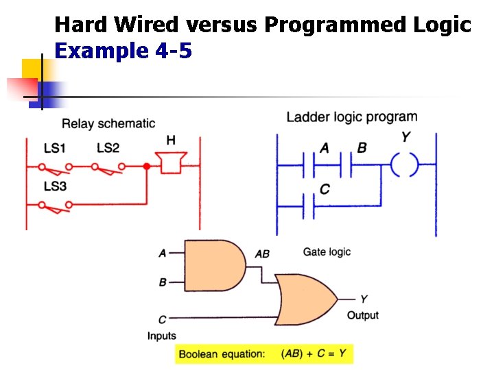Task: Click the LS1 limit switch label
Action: pos(55,148)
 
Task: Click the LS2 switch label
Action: pos(108,148)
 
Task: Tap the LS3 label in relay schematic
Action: pos(55,186)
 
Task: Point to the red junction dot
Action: pos(146,166)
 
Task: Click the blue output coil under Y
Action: pos(405,165)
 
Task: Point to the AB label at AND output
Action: pos(262,254)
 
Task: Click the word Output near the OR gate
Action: pos(363,316)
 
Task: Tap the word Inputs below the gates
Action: pos(162,336)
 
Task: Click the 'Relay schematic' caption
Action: pos(108,124)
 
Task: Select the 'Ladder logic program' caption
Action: pos(351,117)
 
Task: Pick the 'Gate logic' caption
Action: pos(327,252)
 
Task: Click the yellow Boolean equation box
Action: pos(264,354)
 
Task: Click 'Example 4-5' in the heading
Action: pos(123,51)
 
